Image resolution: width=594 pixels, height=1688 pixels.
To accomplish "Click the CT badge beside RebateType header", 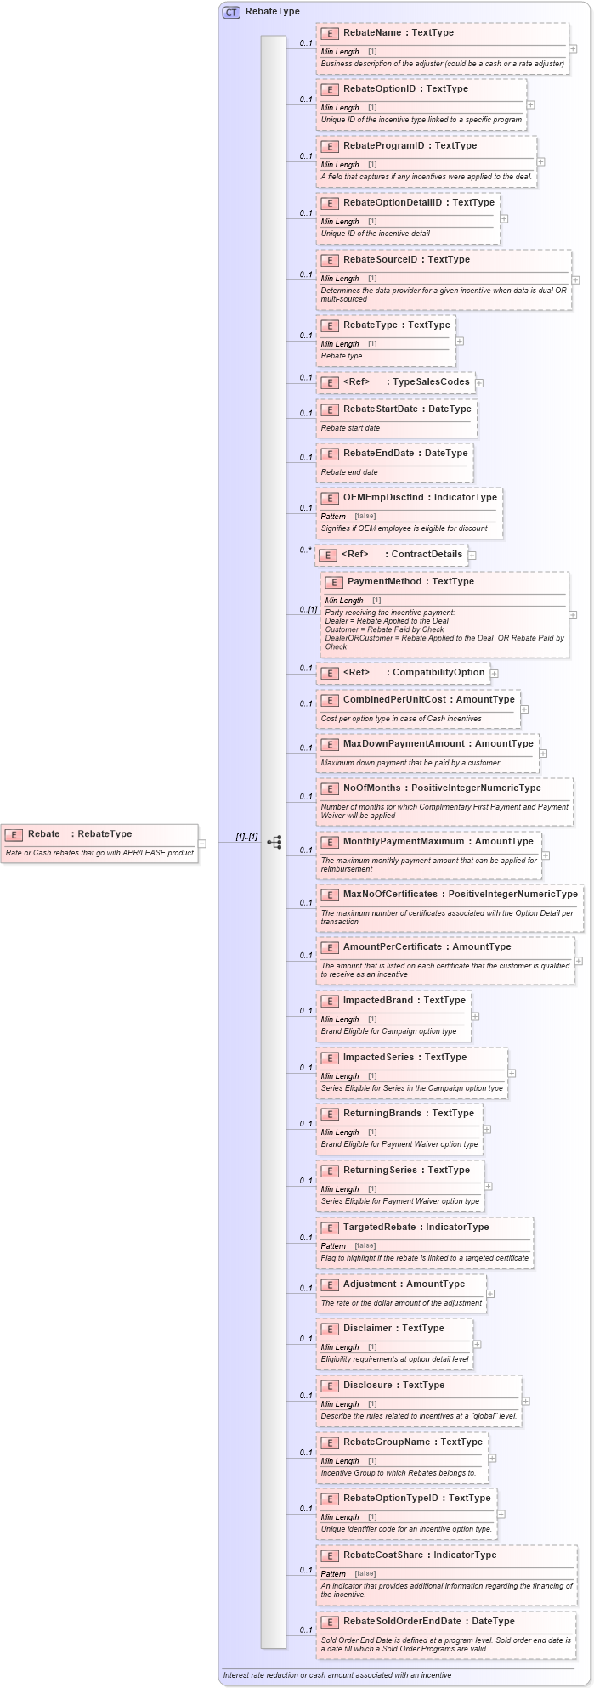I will click(231, 12).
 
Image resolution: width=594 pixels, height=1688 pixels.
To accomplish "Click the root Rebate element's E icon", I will click(14, 835).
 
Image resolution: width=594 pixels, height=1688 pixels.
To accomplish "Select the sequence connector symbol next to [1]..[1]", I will click(274, 842).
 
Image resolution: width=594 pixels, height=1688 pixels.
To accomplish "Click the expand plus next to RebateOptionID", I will click(530, 105).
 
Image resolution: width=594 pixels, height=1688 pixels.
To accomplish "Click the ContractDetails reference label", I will click(427, 555).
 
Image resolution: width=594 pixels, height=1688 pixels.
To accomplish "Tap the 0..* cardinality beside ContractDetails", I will click(305, 550).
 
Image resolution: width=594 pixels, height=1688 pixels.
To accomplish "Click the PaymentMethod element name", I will click(410, 582).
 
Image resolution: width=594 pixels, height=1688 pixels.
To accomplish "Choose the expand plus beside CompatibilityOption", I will click(494, 674).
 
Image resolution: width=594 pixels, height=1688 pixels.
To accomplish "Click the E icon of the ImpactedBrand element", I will click(330, 1002).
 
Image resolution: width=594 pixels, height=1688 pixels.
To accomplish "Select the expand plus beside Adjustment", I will click(490, 1294).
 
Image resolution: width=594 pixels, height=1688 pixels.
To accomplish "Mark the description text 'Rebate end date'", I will click(349, 472).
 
